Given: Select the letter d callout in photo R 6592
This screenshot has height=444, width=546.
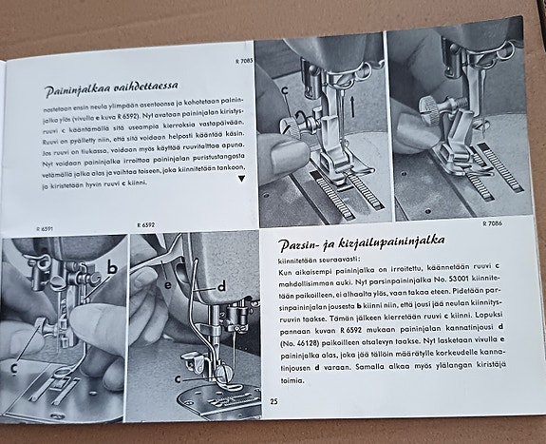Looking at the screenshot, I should (222, 284).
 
